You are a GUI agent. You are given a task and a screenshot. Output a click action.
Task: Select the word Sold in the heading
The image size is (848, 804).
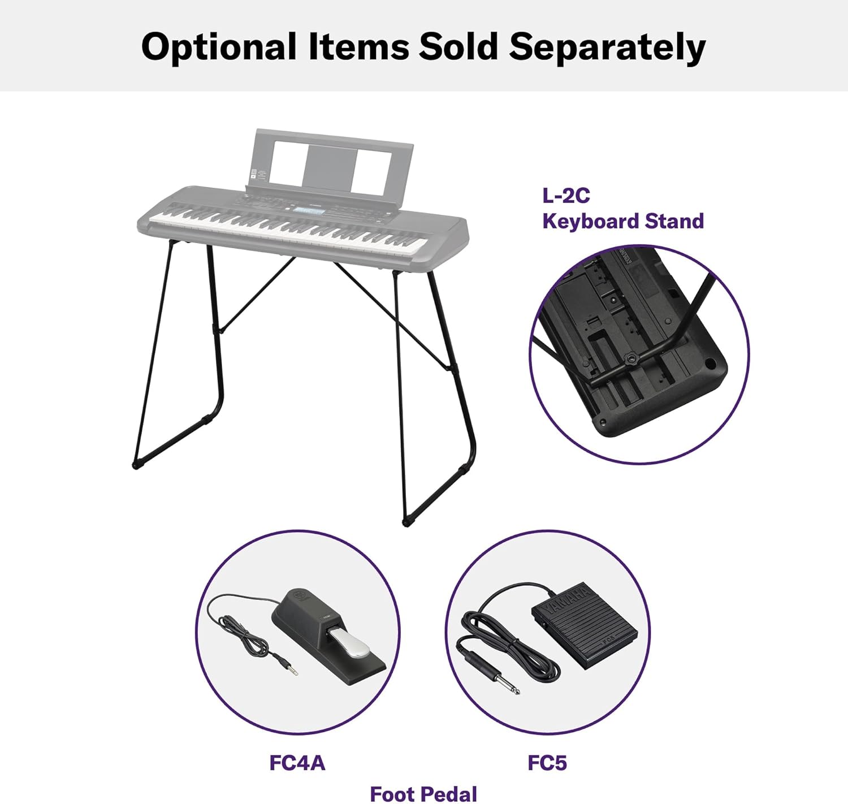(458, 46)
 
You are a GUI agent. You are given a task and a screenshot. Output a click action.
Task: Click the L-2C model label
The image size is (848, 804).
(565, 196)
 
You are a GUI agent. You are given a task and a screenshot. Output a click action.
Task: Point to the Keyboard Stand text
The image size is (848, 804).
(623, 222)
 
